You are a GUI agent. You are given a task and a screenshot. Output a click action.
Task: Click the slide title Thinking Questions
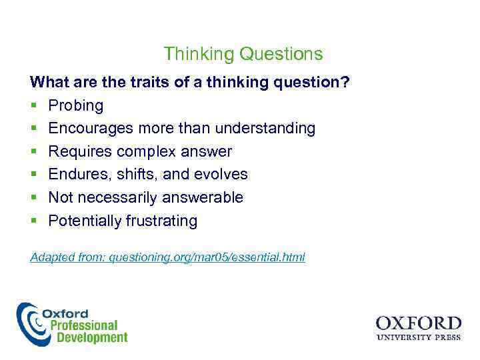[x=243, y=54]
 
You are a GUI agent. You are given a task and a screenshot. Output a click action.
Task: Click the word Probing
[x=76, y=105]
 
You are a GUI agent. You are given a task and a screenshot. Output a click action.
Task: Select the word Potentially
[x=85, y=221]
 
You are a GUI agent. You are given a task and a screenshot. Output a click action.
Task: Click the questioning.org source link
[x=207, y=257]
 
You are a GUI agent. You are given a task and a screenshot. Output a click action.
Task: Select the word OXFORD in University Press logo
[x=418, y=323]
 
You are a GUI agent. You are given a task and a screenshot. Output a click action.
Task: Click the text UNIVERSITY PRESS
[x=418, y=337]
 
